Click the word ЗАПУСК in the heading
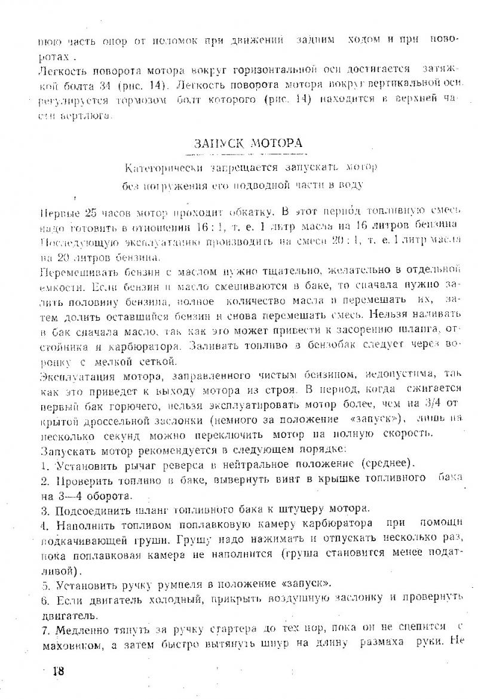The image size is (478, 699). pyautogui.click(x=217, y=143)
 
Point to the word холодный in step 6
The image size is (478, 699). pyautogui.click(x=158, y=599)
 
